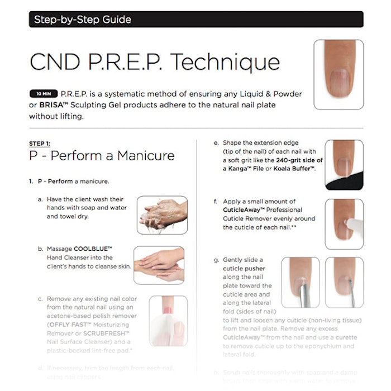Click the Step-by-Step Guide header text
point(83,20)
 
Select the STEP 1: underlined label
point(39,144)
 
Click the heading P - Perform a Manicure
point(102,156)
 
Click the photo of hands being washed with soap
point(162,214)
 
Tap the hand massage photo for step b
point(159,265)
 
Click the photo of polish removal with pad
point(168,321)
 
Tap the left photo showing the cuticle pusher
point(301,285)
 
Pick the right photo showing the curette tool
point(344,285)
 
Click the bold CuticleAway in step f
point(244,210)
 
